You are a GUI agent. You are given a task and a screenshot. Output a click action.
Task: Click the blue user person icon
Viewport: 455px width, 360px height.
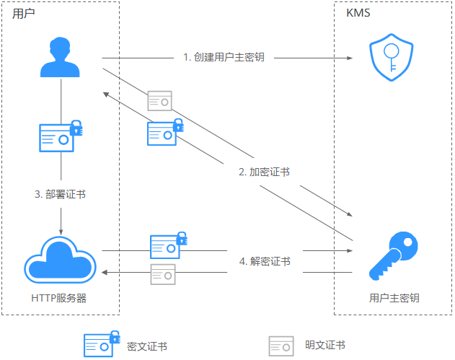(61, 58)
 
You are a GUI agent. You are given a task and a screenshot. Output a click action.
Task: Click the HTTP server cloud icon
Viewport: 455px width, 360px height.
(61, 261)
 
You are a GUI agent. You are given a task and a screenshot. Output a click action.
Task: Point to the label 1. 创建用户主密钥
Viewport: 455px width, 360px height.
(224, 57)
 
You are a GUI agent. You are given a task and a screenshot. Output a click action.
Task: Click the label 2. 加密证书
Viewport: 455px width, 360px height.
(265, 172)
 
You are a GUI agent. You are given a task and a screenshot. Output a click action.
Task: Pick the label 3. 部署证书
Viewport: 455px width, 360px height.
(61, 194)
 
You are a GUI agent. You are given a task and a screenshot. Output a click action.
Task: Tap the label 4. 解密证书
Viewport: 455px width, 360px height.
(265, 261)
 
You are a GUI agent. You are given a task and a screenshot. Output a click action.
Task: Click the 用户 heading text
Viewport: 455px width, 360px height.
(24, 14)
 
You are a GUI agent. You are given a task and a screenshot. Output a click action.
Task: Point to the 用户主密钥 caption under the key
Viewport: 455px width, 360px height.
(394, 297)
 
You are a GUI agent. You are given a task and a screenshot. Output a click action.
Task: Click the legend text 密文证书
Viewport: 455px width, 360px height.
(146, 346)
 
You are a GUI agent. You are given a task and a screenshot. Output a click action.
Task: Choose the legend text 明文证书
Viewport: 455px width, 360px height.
(324, 346)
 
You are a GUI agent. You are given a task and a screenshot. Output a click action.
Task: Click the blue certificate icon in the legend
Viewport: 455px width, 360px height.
(102, 345)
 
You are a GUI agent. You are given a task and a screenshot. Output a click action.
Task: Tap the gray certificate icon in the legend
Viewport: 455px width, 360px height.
(281, 346)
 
